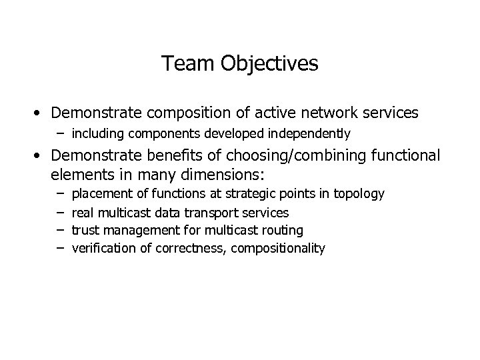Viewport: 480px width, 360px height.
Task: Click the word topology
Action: (x=360, y=194)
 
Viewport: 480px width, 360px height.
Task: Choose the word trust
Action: (x=85, y=231)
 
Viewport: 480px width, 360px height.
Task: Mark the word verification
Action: (x=100, y=249)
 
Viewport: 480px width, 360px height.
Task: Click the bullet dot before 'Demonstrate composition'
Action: (x=41, y=111)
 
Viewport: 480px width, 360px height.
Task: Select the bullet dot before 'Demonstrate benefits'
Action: (x=41, y=156)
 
